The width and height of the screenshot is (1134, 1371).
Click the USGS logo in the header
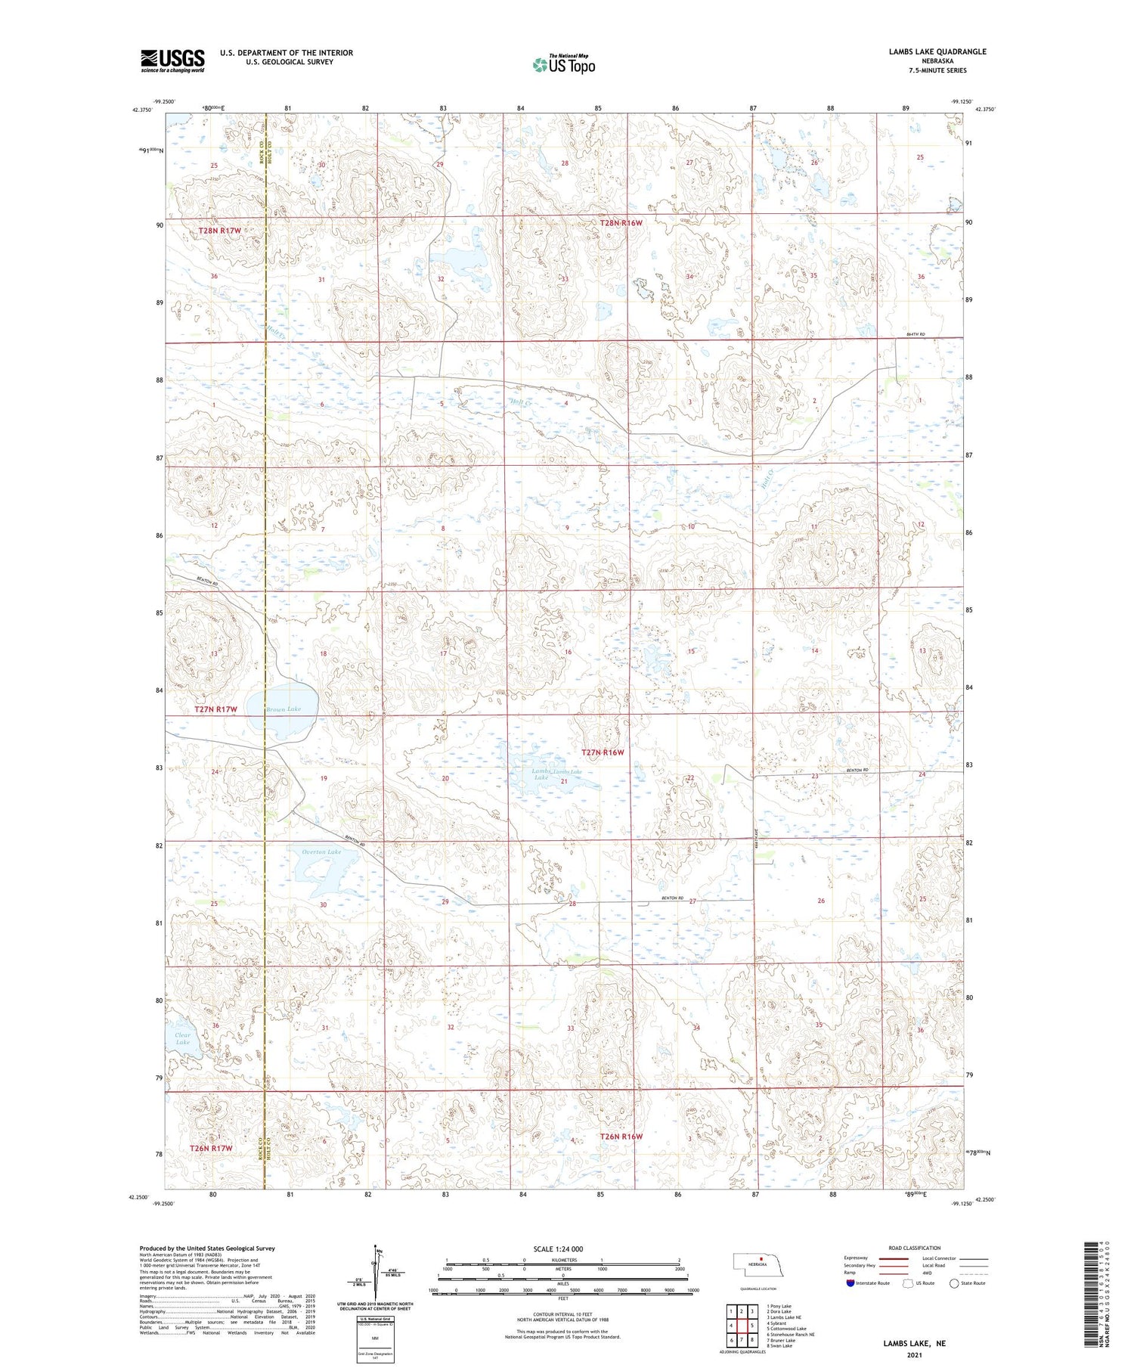pyautogui.click(x=172, y=60)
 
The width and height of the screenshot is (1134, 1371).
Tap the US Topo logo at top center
pyautogui.click(x=563, y=65)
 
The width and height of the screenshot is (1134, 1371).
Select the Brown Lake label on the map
pyautogui.click(x=283, y=709)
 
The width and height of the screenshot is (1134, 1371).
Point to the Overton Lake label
pyautogui.click(x=321, y=851)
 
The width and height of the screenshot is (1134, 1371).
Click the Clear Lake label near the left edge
pyautogui.click(x=183, y=1038)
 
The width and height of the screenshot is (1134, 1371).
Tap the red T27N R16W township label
pyautogui.click(x=603, y=752)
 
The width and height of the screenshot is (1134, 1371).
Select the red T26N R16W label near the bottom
pyautogui.click(x=621, y=1137)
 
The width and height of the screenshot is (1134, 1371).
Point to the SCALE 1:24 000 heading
pyautogui.click(x=558, y=1248)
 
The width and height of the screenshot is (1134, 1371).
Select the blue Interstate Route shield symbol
pyautogui.click(x=850, y=1283)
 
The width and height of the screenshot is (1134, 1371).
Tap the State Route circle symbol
pyautogui.click(x=954, y=1283)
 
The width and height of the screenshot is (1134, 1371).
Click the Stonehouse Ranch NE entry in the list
pyautogui.click(x=790, y=1335)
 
